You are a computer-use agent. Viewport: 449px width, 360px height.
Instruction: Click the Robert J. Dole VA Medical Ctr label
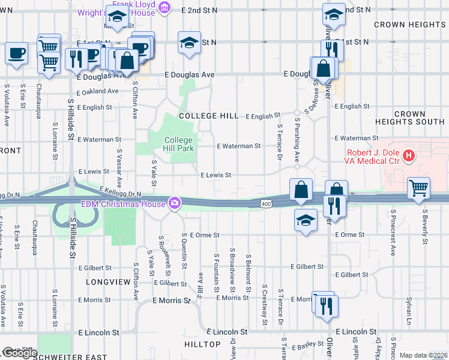(372, 157)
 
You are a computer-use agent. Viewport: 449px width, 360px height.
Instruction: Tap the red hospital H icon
(409, 157)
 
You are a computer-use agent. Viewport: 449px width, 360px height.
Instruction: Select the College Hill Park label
(179, 145)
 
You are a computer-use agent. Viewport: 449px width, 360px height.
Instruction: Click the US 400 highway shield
(266, 205)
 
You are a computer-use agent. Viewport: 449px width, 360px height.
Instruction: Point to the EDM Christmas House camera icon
(175, 204)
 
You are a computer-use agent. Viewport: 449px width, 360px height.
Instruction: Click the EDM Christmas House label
(124, 204)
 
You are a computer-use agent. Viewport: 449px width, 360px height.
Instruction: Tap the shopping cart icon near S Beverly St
(418, 188)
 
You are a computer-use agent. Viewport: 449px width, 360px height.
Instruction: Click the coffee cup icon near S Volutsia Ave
(16, 53)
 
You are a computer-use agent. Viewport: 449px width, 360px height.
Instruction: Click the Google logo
(20, 353)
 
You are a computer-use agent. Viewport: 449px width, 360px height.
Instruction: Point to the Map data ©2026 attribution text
(423, 355)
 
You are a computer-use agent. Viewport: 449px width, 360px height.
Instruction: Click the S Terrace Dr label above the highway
(280, 142)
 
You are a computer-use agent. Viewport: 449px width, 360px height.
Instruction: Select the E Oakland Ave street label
(98, 91)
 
